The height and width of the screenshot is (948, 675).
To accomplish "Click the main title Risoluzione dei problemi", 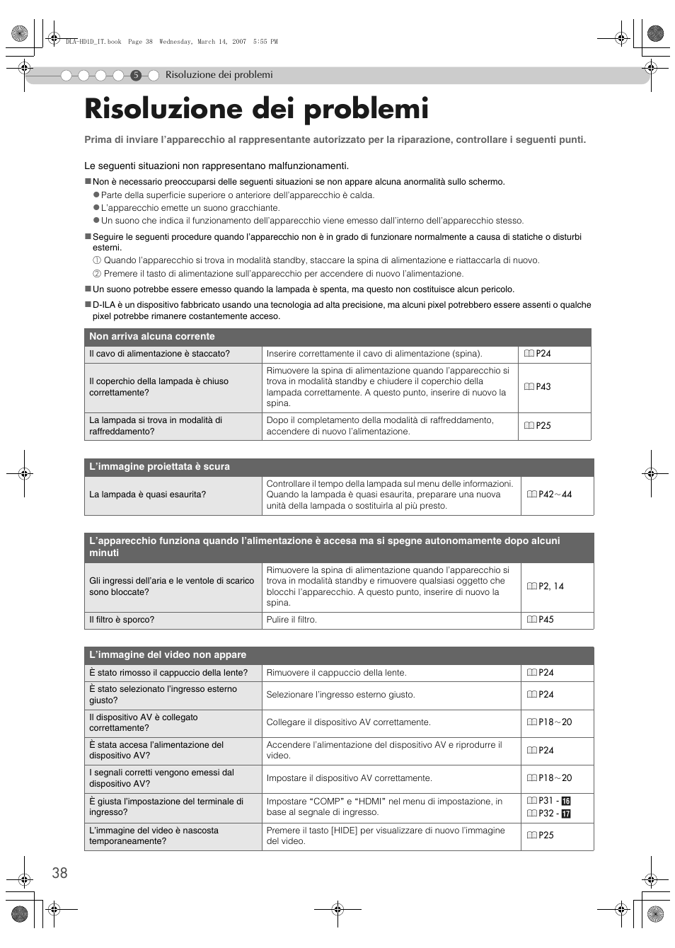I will [256, 110].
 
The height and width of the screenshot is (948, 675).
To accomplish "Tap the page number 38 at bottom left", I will [59, 873].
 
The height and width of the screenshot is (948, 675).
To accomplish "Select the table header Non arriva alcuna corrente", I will [151, 337].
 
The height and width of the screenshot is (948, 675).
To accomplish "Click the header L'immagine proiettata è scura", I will [159, 467].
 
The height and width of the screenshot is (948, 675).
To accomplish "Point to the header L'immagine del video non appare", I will [168, 655].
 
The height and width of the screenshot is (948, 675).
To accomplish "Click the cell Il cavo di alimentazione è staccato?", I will [159, 354].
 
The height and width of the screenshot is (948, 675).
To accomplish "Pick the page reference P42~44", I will [550, 495].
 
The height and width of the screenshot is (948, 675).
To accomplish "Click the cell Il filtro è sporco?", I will [122, 620].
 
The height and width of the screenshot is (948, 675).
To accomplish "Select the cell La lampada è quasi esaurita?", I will [147, 495].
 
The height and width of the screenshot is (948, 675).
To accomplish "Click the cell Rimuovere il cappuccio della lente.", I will [336, 673].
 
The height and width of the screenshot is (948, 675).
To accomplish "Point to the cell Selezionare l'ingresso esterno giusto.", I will [340, 695].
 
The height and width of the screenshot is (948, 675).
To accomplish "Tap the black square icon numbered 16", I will [565, 801].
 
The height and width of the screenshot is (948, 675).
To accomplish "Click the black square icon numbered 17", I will [565, 814].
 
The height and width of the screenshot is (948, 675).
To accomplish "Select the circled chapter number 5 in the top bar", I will [136, 75].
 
